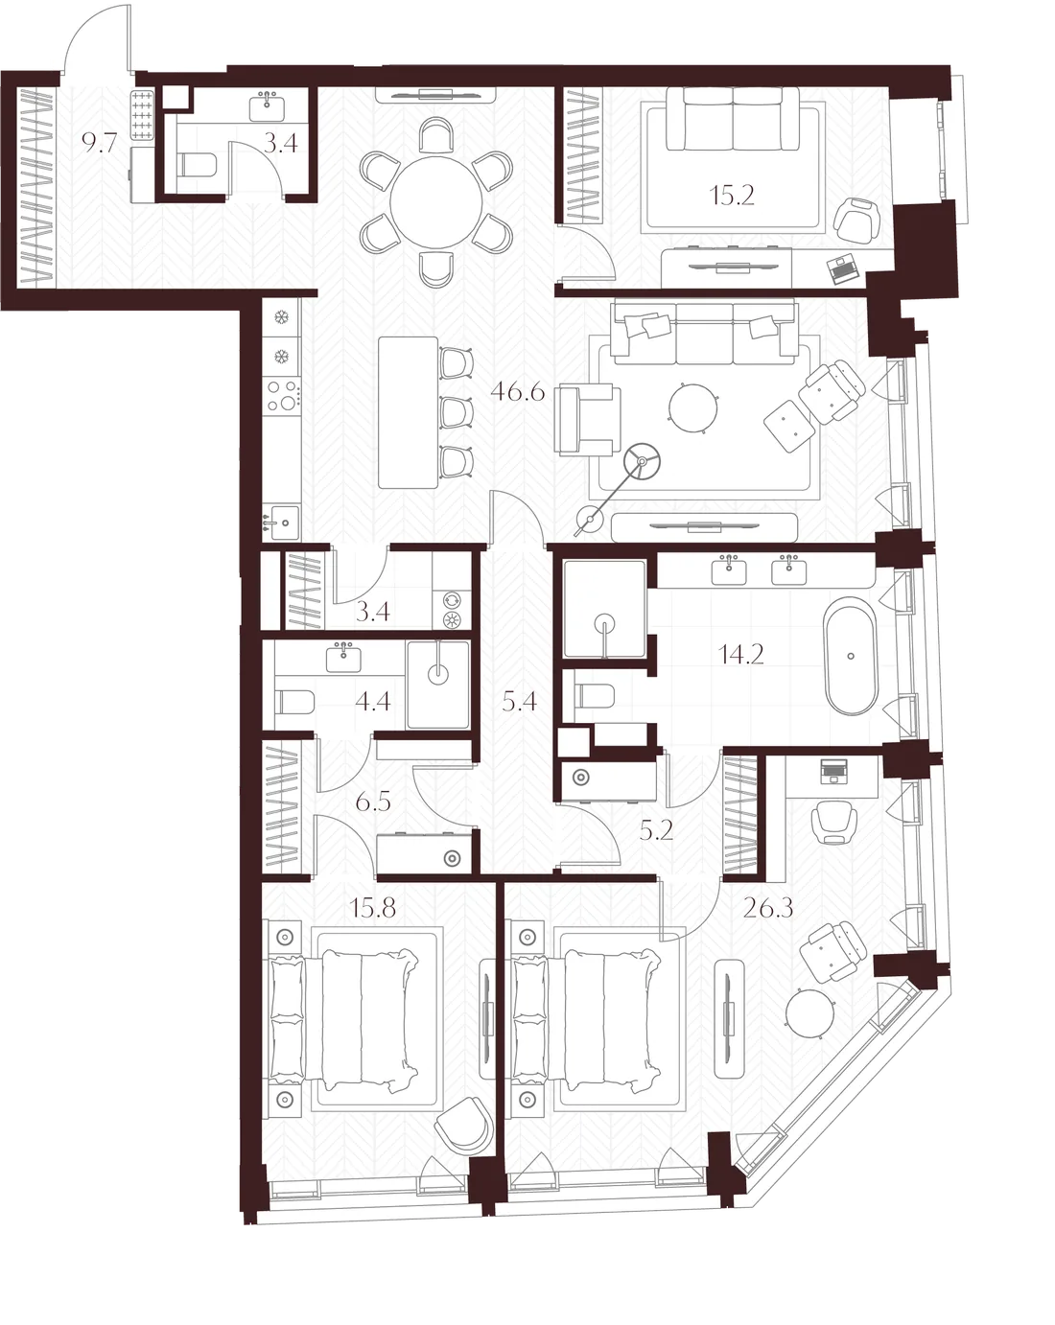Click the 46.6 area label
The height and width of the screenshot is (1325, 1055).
coord(517,391)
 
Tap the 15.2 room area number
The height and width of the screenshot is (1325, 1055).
coord(731,196)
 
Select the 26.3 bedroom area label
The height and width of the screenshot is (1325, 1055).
coord(767,908)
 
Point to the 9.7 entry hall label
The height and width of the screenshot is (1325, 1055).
coord(99,143)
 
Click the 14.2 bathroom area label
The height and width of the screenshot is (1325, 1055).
coord(741,654)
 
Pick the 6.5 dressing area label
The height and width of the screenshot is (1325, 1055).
coord(373,802)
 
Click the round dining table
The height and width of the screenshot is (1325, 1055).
coord(436,202)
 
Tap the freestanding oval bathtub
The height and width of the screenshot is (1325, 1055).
coord(851,656)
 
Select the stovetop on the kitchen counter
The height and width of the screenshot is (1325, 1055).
coord(282,395)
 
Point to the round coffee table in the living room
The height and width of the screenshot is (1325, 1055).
coord(693,407)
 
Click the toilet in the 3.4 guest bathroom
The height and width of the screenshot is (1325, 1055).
coord(197,165)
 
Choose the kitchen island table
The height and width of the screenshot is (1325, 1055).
coord(408,412)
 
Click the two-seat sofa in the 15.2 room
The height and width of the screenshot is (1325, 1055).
coord(733,118)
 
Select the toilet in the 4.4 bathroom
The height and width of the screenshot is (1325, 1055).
coord(295,701)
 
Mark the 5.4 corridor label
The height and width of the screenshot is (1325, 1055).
coord(519,701)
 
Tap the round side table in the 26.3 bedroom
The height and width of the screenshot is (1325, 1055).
coord(809,1012)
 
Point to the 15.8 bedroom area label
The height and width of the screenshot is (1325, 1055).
coord(372,908)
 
